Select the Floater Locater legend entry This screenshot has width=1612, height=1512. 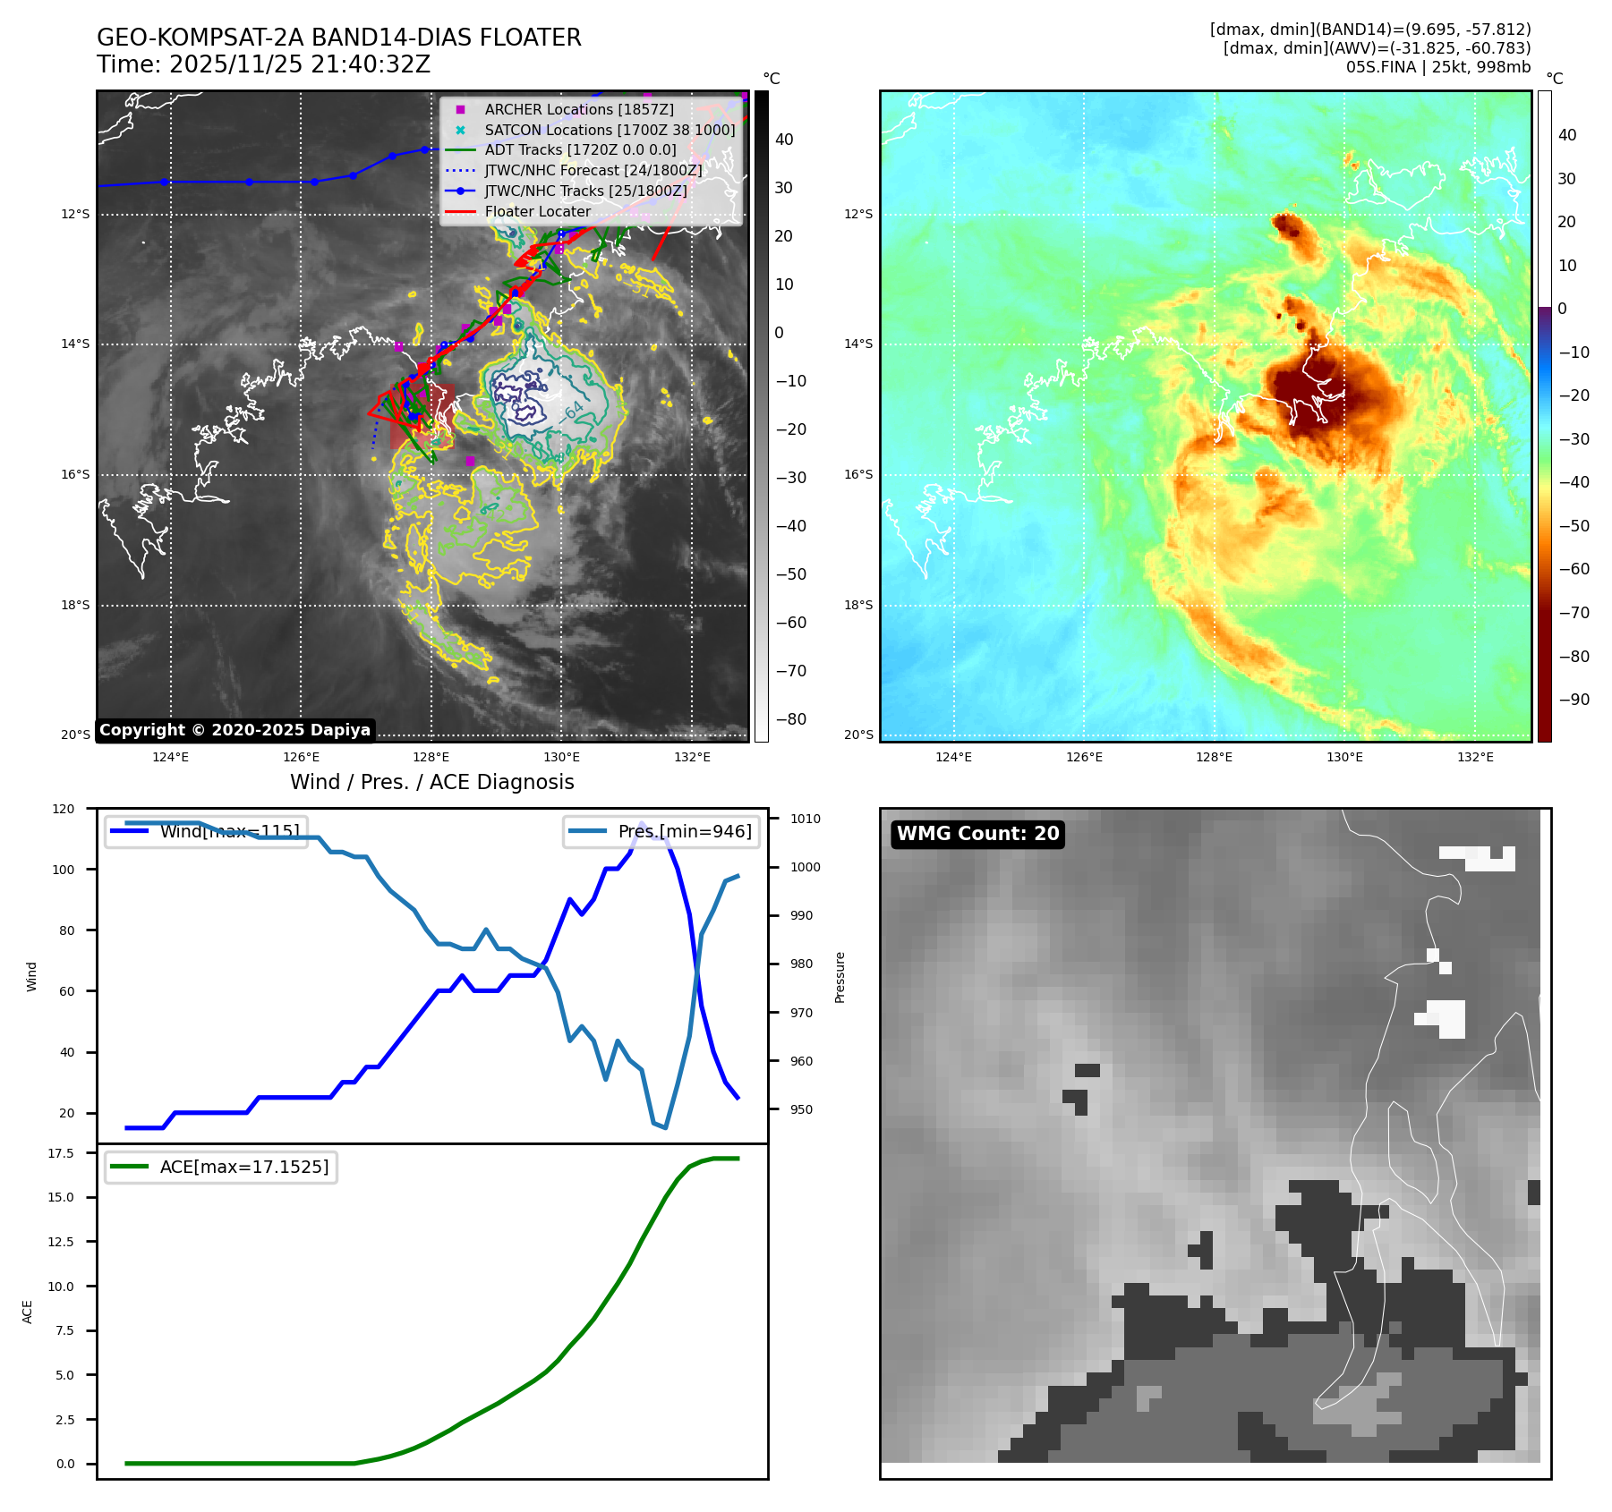[537, 212]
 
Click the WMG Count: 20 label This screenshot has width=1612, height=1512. [977, 834]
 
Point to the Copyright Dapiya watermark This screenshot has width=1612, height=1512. [235, 730]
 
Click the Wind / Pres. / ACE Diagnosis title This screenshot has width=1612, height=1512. [431, 782]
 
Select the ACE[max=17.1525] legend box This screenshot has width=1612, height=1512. [220, 1167]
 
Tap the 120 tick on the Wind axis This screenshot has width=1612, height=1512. [64, 809]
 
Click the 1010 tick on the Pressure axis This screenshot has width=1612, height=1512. [806, 819]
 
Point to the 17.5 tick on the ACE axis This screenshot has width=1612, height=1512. [61, 1153]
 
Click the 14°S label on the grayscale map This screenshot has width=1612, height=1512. [75, 344]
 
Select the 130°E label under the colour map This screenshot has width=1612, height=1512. [1344, 758]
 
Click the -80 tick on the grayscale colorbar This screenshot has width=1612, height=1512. [790, 719]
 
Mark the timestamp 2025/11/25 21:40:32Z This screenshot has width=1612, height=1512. [300, 65]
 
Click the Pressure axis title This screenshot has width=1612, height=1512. [840, 977]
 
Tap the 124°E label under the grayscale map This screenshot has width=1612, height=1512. [170, 758]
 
